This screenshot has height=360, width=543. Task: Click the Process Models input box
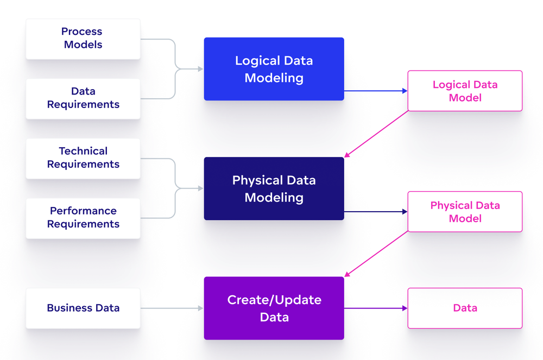[83, 39]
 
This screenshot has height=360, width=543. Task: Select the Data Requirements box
[83, 98]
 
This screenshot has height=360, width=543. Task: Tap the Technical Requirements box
[83, 158]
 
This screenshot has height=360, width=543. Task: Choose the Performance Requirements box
[83, 218]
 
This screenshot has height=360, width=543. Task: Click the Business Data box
[83, 308]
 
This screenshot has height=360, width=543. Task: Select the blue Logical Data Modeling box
[274, 69]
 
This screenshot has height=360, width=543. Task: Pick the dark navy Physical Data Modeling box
[274, 188]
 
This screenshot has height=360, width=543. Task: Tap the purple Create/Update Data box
[274, 308]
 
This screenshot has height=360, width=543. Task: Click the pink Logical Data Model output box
[465, 91]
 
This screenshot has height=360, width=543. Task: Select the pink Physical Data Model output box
[465, 212]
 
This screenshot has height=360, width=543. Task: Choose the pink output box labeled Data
[465, 308]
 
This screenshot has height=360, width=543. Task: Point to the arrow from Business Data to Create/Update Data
[171, 308]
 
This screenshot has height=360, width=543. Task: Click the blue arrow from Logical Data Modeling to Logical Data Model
[375, 91]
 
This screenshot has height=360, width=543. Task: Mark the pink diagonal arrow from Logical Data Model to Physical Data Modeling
[376, 134]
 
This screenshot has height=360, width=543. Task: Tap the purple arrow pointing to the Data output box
[375, 308]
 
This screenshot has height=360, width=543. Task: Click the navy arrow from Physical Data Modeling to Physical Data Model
[375, 212]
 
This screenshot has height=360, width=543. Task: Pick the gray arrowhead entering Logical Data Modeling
[200, 69]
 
